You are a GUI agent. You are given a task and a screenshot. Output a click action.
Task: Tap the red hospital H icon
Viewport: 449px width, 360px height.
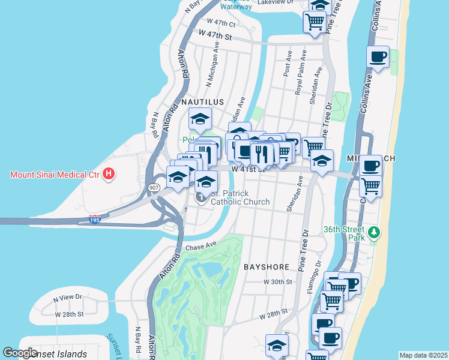[109, 175]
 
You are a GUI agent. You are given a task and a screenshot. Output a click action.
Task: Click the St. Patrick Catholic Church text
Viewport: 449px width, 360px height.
[240, 197]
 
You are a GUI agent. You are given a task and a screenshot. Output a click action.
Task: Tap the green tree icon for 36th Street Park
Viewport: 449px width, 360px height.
[375, 232]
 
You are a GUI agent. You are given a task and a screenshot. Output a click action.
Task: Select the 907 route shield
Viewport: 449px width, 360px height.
[153, 187]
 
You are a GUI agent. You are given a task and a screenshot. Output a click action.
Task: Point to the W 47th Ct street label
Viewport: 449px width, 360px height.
[221, 22]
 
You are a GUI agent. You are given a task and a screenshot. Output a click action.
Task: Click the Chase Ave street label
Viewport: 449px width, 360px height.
[200, 246]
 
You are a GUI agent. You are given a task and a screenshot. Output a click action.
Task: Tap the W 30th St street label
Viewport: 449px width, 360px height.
[277, 281]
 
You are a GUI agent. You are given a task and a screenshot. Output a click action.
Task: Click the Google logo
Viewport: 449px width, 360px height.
[20, 353]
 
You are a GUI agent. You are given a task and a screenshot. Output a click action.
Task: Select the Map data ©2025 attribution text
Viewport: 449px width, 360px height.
[423, 355]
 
